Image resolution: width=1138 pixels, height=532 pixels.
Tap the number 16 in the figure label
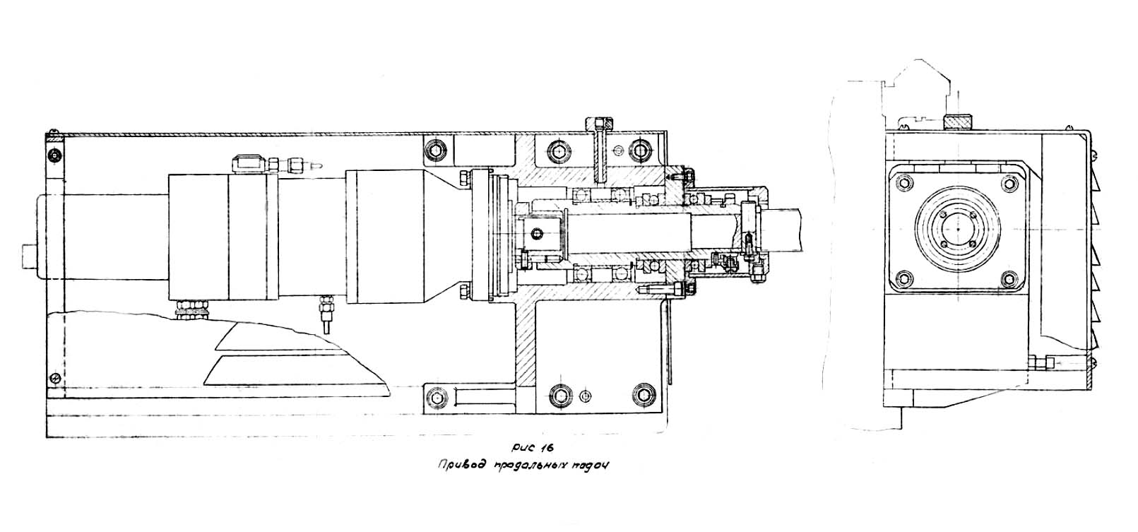[545, 449]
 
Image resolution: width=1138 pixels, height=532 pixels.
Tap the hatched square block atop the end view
[958, 122]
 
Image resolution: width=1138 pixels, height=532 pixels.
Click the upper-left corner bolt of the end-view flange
[902, 182]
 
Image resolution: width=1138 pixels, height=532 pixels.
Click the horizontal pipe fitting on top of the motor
[275, 165]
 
